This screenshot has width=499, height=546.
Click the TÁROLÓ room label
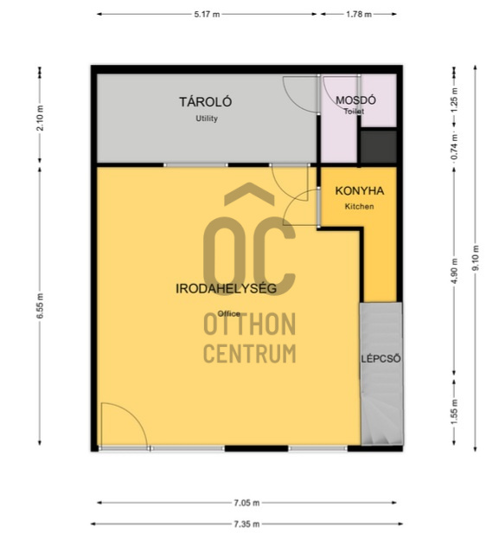point(205,102)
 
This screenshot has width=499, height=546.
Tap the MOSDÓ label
point(355,100)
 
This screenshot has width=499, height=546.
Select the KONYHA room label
point(360,191)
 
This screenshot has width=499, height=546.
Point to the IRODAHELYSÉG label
point(227,289)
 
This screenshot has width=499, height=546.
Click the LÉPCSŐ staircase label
point(381,358)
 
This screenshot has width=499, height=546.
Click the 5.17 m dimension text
point(207,14)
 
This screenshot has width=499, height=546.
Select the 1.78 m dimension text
point(359,14)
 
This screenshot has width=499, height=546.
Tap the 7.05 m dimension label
point(246,503)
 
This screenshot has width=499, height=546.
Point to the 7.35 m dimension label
point(246,524)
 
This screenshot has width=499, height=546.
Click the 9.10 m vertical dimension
point(476,258)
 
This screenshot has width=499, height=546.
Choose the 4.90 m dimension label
point(454,271)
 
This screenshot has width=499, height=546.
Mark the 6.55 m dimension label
point(40,305)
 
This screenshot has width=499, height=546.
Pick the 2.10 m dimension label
point(40,118)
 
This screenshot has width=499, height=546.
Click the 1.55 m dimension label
point(454,412)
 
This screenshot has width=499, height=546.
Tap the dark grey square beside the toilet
point(379,146)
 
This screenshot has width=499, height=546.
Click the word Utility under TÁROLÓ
point(207,119)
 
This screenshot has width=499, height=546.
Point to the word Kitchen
point(360,207)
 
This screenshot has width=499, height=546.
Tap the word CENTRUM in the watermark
point(249,353)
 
